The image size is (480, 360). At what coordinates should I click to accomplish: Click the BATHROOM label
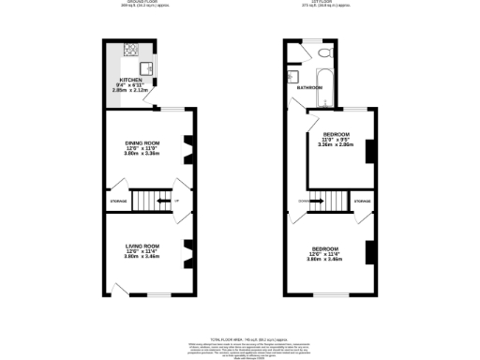pyautogui.click(x=310, y=87)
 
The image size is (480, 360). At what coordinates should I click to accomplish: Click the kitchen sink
pyautogui.click(x=147, y=67)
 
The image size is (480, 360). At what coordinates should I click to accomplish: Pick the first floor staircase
pyautogui.click(x=324, y=201)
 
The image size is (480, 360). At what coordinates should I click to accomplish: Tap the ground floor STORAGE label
pyautogui.click(x=117, y=201)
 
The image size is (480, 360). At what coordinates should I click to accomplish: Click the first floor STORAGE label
pyautogui.click(x=362, y=201)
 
